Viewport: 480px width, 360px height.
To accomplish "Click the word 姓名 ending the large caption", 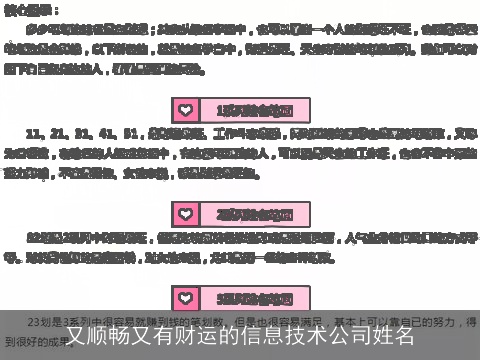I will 391,335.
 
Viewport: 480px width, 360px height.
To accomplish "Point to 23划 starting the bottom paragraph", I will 38,320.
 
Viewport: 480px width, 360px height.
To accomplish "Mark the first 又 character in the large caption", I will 78,335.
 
